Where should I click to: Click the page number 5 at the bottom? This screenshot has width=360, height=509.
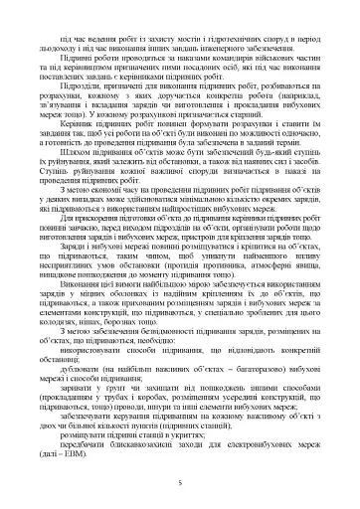pos(179,480)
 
